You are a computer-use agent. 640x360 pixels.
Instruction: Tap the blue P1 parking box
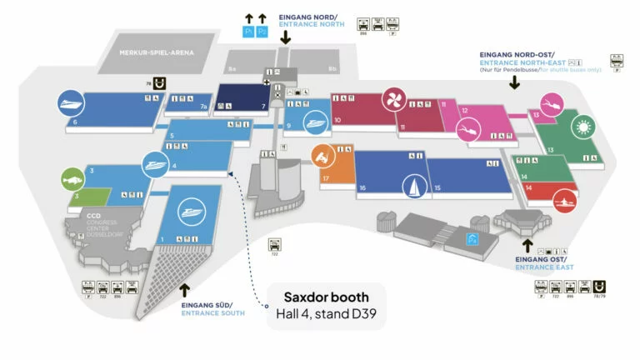[x=247, y=32]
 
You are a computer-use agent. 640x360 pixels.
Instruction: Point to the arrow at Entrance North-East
[x=515, y=81]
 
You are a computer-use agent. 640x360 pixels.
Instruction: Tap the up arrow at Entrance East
[x=526, y=246]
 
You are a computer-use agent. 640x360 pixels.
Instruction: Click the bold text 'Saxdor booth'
[x=326, y=297]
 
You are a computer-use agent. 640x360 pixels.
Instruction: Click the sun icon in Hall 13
[x=581, y=127]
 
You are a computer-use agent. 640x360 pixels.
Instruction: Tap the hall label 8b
[x=332, y=68]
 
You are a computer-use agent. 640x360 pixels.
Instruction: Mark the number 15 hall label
[x=437, y=188]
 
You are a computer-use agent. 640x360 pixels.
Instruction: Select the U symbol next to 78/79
[x=599, y=286]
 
